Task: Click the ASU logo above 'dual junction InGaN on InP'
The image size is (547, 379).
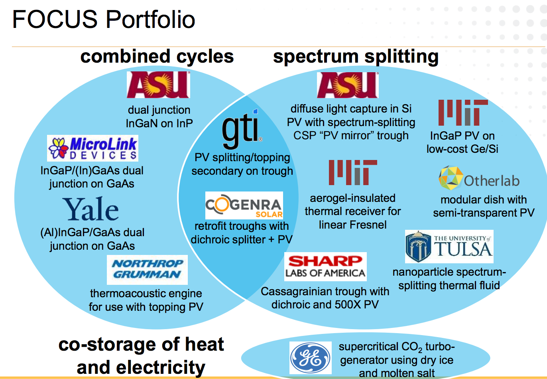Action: (158, 85)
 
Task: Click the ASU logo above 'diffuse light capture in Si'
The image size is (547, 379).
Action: (348, 85)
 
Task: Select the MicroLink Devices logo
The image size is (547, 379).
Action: (93, 148)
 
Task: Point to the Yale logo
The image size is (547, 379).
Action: (91, 209)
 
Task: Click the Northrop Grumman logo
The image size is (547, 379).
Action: (147, 269)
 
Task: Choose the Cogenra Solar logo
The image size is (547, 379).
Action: (244, 205)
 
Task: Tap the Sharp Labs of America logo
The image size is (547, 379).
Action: (325, 266)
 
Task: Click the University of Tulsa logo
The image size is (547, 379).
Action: (449, 247)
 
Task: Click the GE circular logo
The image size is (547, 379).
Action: (311, 358)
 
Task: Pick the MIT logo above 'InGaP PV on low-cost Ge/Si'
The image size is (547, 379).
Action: (463, 113)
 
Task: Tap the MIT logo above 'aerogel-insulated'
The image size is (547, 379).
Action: (353, 172)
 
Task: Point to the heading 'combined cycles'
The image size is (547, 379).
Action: (157, 56)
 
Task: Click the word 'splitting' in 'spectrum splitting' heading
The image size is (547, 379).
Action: (401, 56)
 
